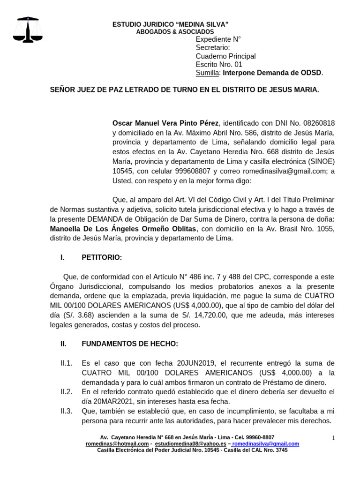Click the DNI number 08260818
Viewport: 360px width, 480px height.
[319, 123]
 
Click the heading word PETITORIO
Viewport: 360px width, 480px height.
[102, 257]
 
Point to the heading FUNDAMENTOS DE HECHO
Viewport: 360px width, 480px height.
[130, 344]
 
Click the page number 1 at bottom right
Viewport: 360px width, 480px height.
[333, 438]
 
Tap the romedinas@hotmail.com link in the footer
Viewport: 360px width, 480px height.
[117, 443]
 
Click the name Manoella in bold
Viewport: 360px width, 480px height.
[68, 229]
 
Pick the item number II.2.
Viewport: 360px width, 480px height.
[66, 392]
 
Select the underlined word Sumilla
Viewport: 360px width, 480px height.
[207, 73]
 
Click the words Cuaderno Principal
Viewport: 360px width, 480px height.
[225, 56]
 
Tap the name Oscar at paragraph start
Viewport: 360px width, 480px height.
[124, 123]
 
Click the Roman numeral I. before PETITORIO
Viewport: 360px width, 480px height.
[62, 257]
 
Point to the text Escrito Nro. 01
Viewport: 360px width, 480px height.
[219, 64]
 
